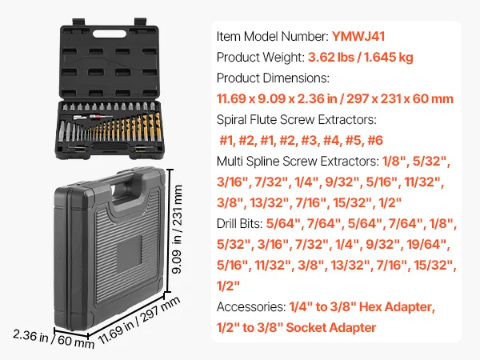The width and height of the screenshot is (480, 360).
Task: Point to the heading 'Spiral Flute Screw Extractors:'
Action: (x=296, y=120)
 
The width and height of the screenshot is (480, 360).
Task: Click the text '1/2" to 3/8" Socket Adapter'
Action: (x=296, y=328)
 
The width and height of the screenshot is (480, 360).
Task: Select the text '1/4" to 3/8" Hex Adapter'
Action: (x=367, y=307)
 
